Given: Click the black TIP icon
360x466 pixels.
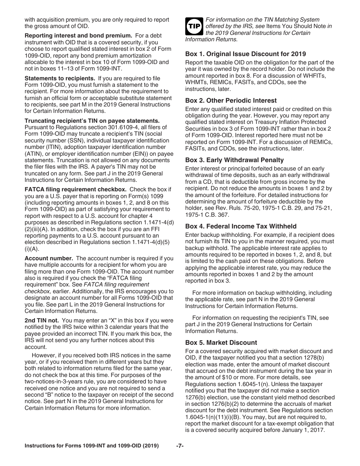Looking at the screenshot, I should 194,26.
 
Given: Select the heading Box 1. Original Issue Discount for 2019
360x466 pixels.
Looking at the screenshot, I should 245,54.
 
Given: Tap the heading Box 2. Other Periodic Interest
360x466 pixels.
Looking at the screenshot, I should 231,100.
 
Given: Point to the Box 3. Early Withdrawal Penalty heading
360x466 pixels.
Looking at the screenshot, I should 234,160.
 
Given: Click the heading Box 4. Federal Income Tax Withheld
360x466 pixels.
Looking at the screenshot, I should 241,226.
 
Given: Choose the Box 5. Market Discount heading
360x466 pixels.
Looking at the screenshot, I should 221,342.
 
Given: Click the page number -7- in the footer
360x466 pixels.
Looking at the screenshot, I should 180,446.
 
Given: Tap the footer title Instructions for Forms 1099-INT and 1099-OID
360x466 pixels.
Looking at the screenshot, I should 92,446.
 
